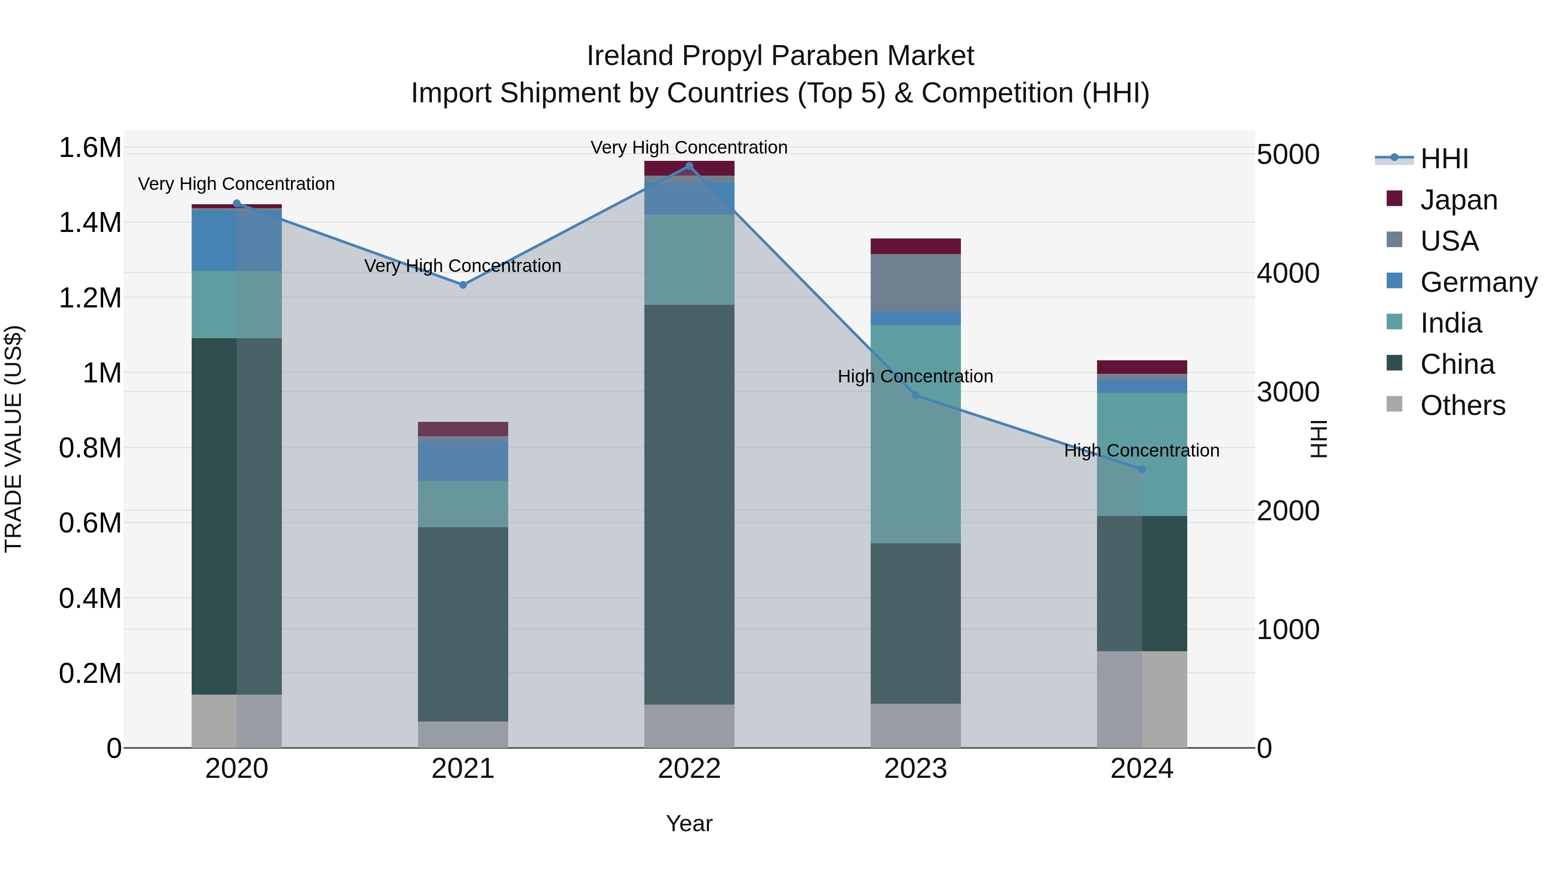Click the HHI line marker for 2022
click(689, 166)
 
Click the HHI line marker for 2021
click(463, 285)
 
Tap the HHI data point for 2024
click(1142, 469)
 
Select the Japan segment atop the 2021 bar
click(463, 429)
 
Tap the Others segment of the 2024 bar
click(1142, 699)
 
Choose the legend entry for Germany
click(1479, 282)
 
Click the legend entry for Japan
click(1459, 200)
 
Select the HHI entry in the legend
click(1444, 159)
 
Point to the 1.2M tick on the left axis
click(90, 298)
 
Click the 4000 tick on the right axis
click(1288, 273)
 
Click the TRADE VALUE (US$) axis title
click(13, 439)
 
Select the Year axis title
click(689, 823)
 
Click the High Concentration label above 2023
click(915, 376)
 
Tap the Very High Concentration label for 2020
click(236, 183)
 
